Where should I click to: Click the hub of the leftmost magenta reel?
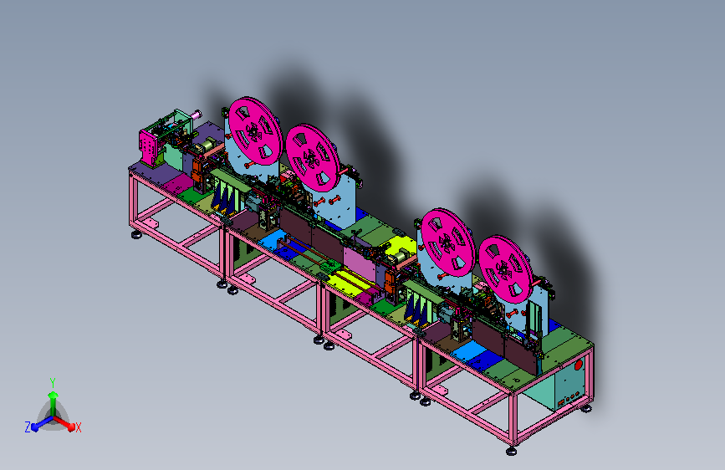pos(253,132)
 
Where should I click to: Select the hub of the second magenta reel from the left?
pos(311,160)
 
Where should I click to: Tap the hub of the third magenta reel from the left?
pos(447,243)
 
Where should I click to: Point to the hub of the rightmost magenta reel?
pos(503,270)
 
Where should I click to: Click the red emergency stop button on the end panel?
pos(579,365)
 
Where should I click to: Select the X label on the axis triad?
pos(78,428)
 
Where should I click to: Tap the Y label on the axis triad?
pos(53,383)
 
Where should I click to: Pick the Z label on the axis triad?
pos(28,427)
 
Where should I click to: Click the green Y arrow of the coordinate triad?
pos(54,403)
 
